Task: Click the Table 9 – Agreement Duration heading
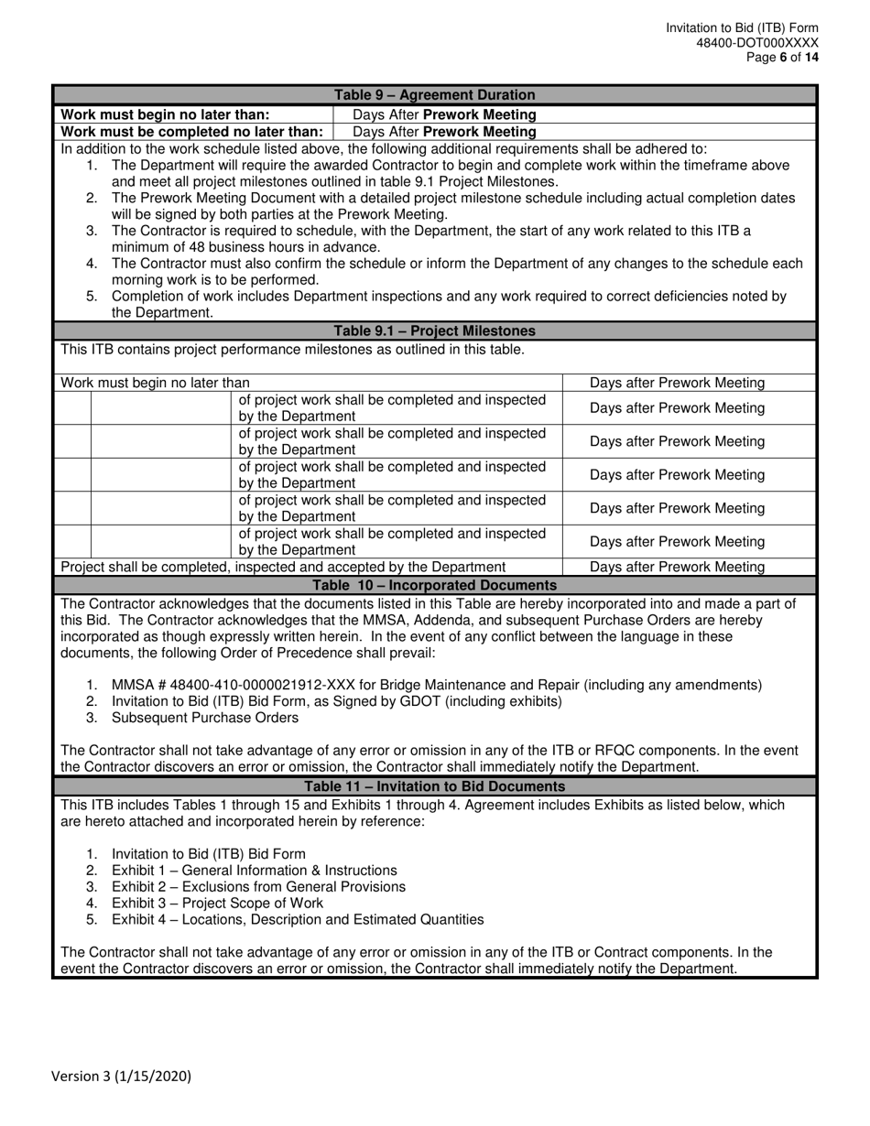(434, 95)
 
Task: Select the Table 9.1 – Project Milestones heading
(434, 330)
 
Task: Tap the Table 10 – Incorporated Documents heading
(434, 585)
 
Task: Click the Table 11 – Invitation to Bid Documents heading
(434, 786)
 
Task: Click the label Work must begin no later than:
(165, 114)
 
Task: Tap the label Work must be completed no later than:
(191, 131)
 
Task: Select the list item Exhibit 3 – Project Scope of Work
(217, 903)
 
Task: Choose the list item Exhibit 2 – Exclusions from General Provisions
(258, 886)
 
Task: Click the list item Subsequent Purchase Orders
(204, 718)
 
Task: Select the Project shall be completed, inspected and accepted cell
(283, 567)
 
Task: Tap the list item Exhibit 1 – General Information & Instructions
(255, 870)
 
